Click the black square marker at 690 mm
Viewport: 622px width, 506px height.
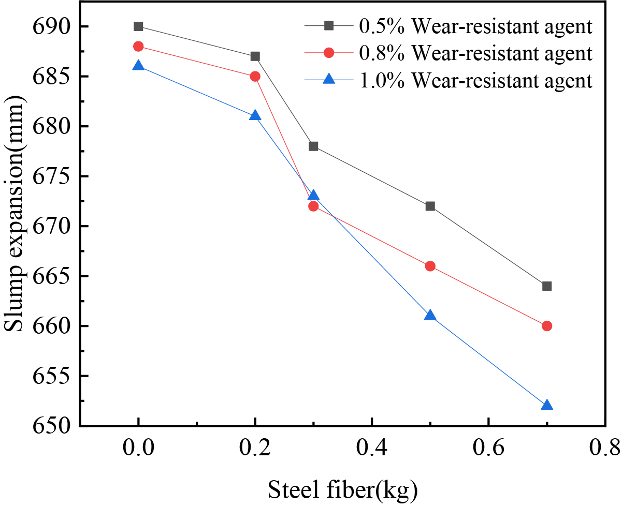(138, 26)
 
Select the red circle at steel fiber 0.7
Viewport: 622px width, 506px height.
(547, 326)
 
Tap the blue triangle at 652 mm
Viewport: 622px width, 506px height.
(547, 405)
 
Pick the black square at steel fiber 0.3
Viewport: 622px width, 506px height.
(313, 146)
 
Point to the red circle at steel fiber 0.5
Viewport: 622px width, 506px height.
(430, 266)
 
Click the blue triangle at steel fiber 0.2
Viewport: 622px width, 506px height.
(255, 115)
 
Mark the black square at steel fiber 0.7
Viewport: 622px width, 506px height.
(547, 286)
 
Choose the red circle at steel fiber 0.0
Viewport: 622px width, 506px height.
(138, 47)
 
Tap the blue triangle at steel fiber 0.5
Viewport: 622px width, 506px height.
(430, 316)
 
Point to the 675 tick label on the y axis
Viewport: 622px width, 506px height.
(49, 176)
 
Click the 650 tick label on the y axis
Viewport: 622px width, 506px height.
(49, 426)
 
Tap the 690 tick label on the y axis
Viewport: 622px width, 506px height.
(49, 26)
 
